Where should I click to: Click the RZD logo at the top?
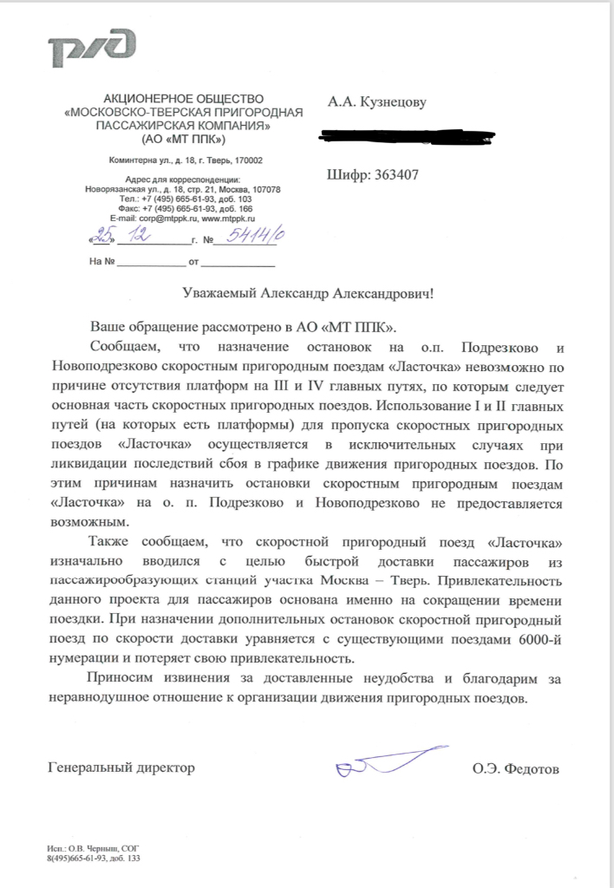tap(93, 48)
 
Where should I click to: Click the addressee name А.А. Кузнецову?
tap(376, 103)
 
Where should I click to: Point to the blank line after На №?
tap(152, 261)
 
